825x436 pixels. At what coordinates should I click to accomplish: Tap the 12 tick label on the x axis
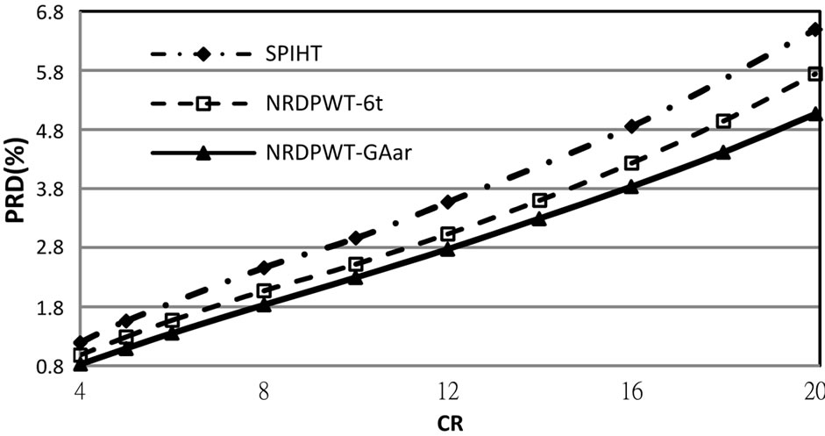(x=448, y=392)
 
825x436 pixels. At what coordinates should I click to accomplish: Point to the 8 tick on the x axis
(x=264, y=392)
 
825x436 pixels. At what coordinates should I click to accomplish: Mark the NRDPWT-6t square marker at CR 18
(x=722, y=121)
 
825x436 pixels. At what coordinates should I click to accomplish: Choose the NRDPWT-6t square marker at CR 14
(x=539, y=201)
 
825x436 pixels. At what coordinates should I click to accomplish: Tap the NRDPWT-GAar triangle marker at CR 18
(x=722, y=152)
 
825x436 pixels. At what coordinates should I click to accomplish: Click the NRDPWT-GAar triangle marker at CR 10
(x=356, y=278)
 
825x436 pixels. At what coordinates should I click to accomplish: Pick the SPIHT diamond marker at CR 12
(x=448, y=202)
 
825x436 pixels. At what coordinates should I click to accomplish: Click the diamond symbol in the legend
(x=203, y=54)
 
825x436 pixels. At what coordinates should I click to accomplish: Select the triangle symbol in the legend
(x=203, y=154)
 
